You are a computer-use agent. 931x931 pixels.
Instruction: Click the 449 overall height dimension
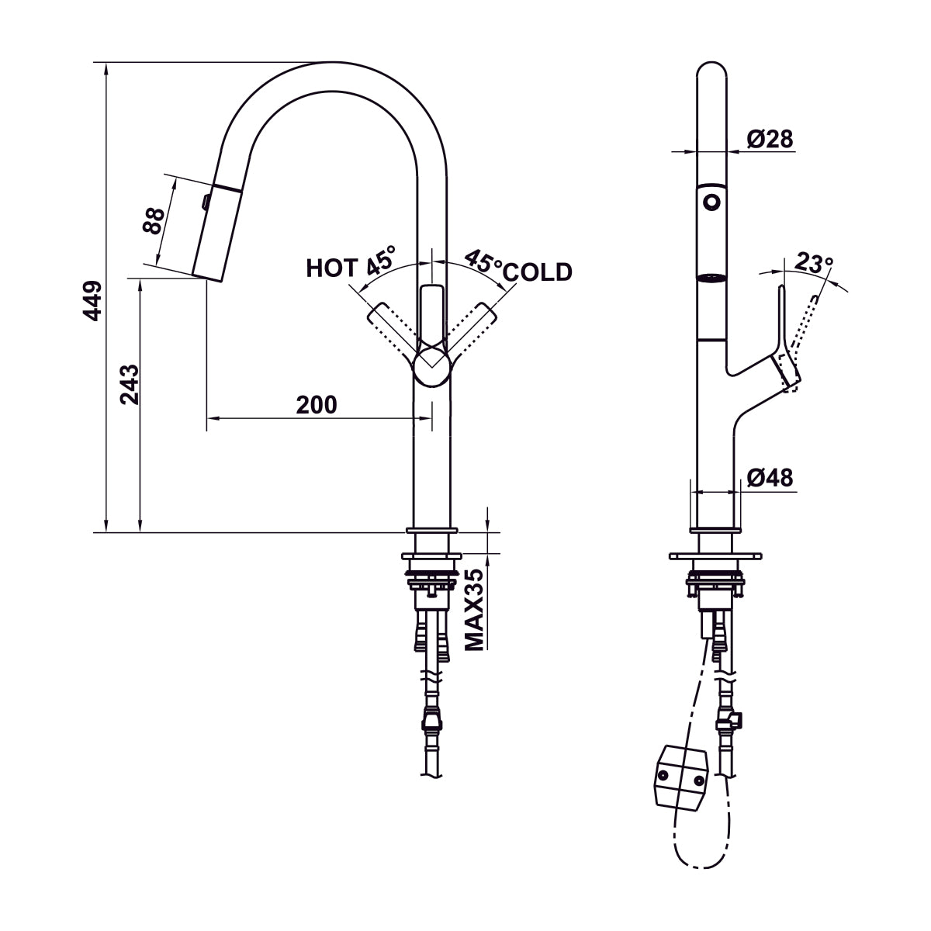coord(93,300)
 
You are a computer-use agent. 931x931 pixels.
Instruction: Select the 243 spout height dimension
coord(130,384)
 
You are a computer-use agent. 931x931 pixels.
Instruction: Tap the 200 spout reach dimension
coord(317,404)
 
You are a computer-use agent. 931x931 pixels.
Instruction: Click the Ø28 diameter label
coord(770,139)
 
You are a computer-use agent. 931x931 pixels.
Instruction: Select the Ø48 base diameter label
coord(770,478)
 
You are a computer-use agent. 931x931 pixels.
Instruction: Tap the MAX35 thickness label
coord(475,609)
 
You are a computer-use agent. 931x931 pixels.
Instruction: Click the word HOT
coord(332,268)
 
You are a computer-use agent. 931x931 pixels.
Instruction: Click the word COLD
coord(538,272)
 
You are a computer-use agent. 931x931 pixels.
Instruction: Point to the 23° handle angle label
coord(813,264)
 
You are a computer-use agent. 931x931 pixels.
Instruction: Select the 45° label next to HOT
coord(380,260)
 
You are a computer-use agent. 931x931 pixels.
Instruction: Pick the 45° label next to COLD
coord(483,261)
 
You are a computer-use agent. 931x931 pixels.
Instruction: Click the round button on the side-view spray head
coord(711,202)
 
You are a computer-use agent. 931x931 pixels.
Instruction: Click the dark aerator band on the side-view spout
coord(711,279)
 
